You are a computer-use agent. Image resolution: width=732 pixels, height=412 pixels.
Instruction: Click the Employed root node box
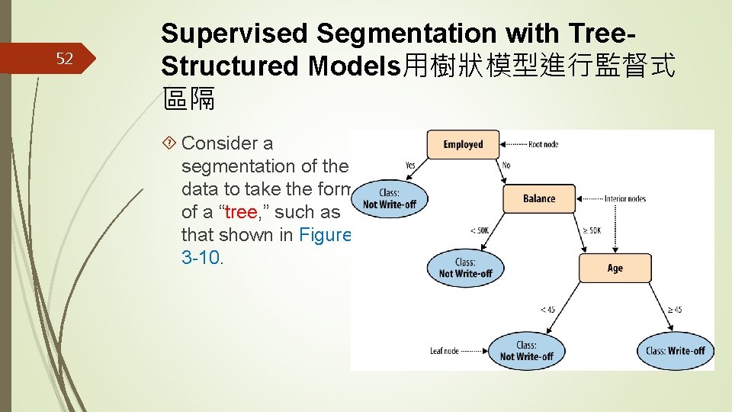(463, 144)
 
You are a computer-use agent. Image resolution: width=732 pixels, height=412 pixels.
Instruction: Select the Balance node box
(539, 198)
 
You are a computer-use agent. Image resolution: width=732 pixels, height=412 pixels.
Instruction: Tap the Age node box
(615, 268)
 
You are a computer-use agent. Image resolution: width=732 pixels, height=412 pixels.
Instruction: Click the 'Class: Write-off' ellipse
(676, 350)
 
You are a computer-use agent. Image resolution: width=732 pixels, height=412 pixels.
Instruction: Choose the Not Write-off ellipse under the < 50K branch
(465, 268)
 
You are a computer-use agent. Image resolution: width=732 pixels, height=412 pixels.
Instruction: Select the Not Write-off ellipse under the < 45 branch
(526, 351)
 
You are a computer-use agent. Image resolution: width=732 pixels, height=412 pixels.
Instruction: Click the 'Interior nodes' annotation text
(624, 199)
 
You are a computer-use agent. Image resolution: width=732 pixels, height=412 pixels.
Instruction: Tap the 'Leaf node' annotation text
(445, 351)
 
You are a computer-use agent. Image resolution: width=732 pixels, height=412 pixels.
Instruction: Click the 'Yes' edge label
(410, 164)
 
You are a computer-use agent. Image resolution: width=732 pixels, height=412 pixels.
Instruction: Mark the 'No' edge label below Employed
(506, 164)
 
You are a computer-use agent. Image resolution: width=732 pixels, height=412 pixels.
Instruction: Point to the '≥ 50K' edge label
(592, 230)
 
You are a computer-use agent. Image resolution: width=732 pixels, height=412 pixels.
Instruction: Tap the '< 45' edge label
(547, 309)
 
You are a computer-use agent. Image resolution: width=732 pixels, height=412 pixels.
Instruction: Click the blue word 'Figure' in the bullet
(325, 234)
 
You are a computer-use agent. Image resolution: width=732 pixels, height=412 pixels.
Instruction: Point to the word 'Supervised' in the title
(235, 34)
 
